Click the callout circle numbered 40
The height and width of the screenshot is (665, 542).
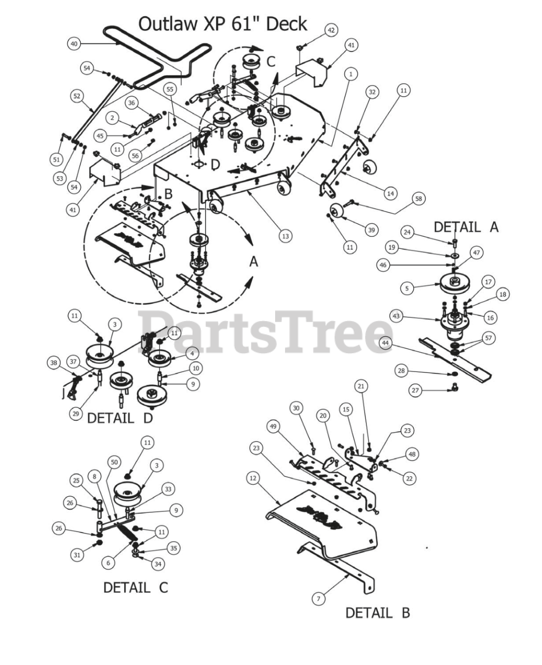pos(74,44)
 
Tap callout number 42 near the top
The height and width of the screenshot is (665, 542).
pos(331,30)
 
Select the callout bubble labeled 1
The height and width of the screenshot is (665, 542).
pos(351,74)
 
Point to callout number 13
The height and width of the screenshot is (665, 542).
pos(286,236)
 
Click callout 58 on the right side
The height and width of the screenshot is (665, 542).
pos(418,198)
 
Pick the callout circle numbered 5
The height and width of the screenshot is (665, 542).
pos(407,288)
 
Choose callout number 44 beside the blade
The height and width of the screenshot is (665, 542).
pos(385,343)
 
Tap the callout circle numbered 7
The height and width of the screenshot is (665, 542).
pos(318,599)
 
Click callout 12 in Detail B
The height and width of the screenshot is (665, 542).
pos(253,478)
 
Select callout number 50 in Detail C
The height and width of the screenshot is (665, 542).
pos(114,462)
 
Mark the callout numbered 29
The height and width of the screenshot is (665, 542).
pos(76,414)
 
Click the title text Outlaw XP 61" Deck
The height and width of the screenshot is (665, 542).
pos(223,24)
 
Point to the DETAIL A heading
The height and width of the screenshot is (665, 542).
pos(466,227)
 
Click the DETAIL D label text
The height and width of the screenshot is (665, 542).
pos(120,418)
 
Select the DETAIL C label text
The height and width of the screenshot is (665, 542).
pos(136,588)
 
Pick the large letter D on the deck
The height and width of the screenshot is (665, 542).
pos(215,165)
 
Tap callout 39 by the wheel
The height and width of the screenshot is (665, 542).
pos(372,230)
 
